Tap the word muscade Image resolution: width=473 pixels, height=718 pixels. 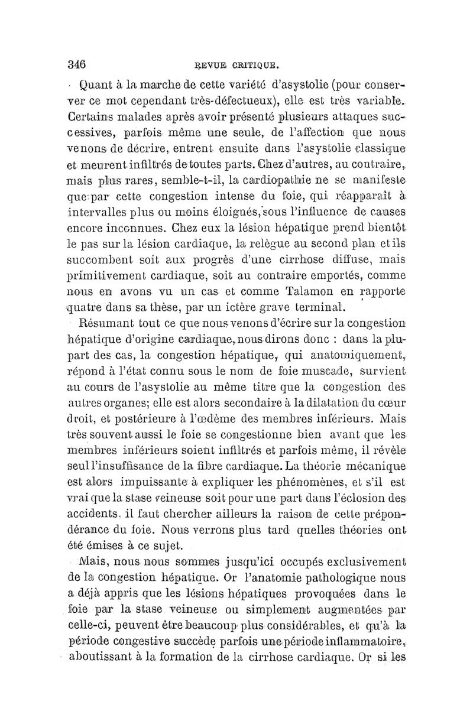point(315,372)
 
